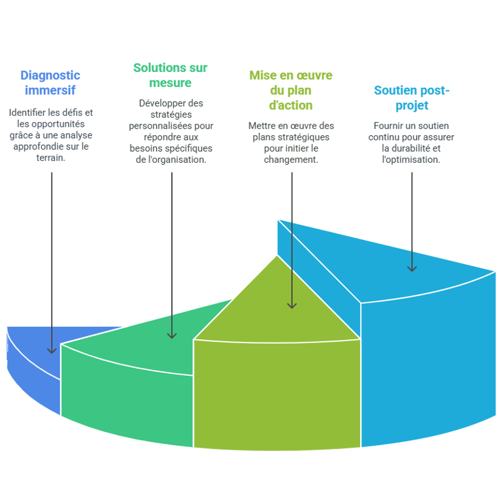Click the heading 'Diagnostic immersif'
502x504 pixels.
pyautogui.click(x=50, y=82)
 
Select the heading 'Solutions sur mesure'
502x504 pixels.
pyautogui.click(x=171, y=75)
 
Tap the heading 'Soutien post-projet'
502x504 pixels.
pyautogui.click(x=412, y=97)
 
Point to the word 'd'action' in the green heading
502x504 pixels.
pyautogui.click(x=291, y=105)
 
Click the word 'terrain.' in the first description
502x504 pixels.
pyautogui.click(x=51, y=158)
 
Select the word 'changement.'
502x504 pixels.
pyautogui.click(x=291, y=160)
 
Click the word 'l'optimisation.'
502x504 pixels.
pyautogui.click(x=411, y=160)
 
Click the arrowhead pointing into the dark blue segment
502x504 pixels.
pyautogui.click(x=52, y=350)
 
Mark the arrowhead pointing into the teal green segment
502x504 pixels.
pyautogui.click(x=172, y=335)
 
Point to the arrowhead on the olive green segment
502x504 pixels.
pyautogui.click(x=292, y=305)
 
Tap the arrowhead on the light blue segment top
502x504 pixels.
pyautogui.click(x=412, y=269)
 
